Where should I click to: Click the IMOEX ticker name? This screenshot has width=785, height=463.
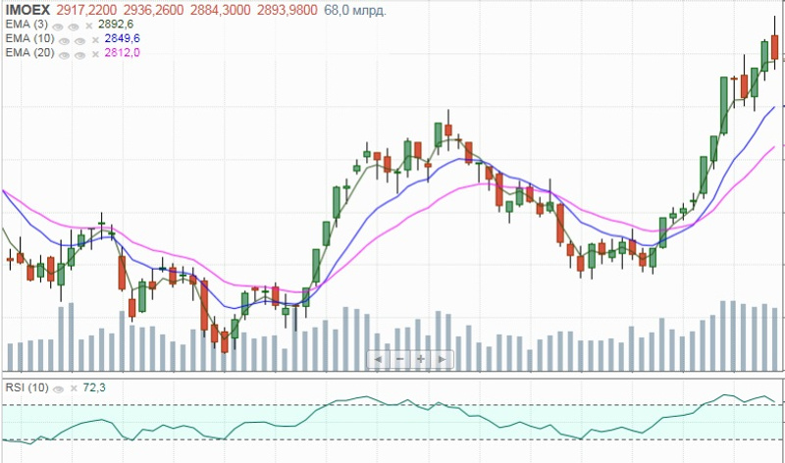coord(27,9)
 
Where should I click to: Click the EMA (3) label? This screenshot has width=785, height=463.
coord(26,24)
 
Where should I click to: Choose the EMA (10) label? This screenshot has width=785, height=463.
coord(28,38)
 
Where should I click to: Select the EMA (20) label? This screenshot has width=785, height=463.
coord(28,53)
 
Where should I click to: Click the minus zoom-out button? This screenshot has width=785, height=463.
coord(399,360)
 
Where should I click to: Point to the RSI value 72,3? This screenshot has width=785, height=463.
coord(94,387)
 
